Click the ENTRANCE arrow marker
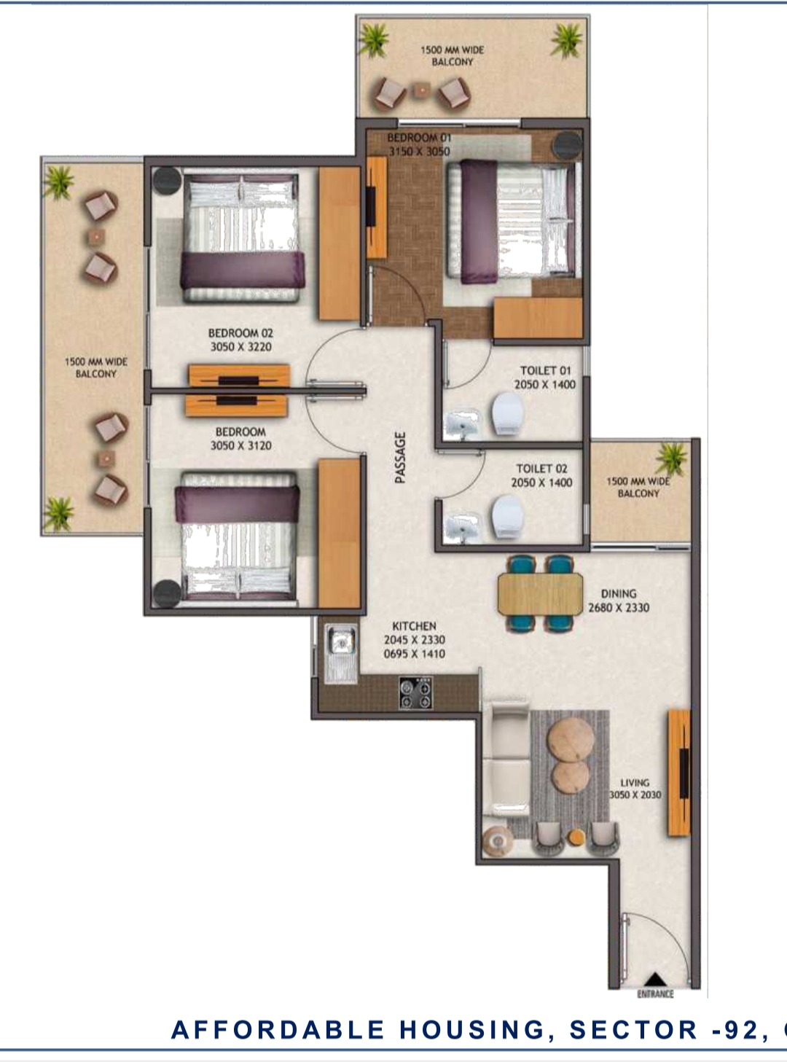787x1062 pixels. point(655,980)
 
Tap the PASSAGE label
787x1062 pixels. point(400,457)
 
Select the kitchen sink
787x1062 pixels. point(340,642)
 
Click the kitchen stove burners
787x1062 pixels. point(415,692)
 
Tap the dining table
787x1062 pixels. point(540,593)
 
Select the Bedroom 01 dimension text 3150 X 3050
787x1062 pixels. point(419,152)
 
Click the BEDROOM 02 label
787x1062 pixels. point(240,333)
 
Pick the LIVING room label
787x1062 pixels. point(635,782)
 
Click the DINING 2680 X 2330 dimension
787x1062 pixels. point(619,607)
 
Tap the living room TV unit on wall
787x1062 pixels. point(679,773)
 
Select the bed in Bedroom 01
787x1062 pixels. point(514,220)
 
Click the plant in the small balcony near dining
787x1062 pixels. point(670,458)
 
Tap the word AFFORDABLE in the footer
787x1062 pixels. point(278,1029)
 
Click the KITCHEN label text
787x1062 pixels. point(414,626)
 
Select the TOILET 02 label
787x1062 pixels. point(541,469)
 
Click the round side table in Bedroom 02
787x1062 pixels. point(166,181)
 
